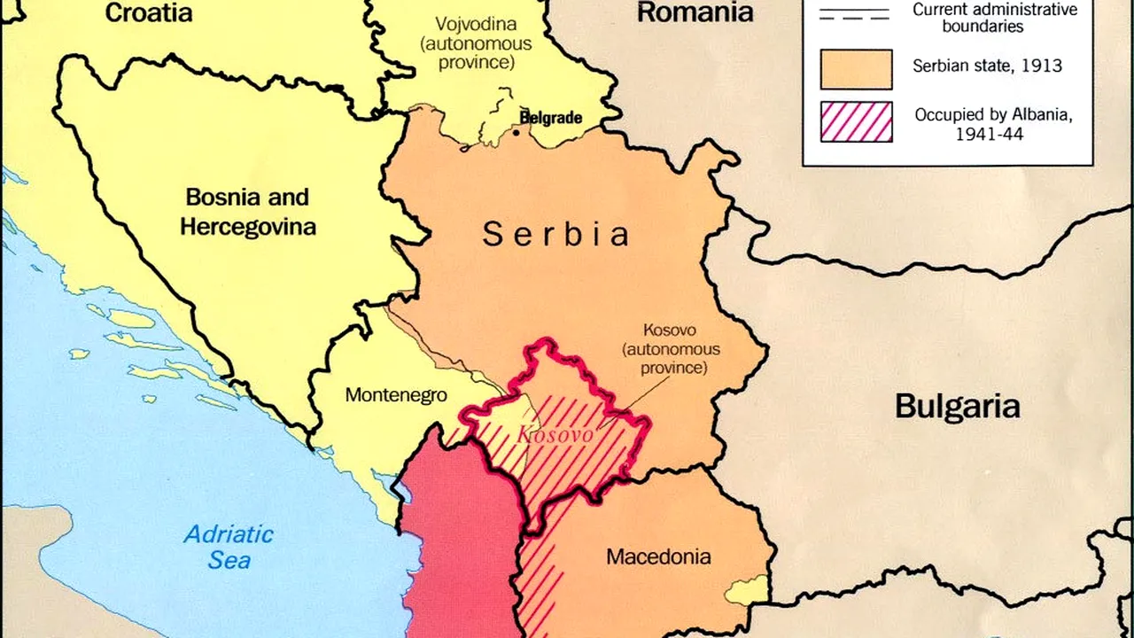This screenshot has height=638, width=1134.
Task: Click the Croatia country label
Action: pyautogui.click(x=148, y=12)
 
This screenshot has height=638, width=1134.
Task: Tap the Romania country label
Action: pyautogui.click(x=695, y=12)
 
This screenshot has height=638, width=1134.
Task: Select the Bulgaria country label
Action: pyautogui.click(x=957, y=407)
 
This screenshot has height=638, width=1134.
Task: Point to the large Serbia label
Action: pyautogui.click(x=556, y=235)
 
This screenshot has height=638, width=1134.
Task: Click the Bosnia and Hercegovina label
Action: pyautogui.click(x=247, y=211)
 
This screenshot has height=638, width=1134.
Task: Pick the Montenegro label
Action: pyautogui.click(x=395, y=395)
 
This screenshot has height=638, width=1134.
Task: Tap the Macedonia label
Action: pyautogui.click(x=657, y=557)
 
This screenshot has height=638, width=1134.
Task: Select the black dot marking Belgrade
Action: pyautogui.click(x=517, y=133)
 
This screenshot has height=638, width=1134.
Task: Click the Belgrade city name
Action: pyautogui.click(x=550, y=118)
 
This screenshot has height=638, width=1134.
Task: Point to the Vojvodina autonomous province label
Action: pyautogui.click(x=477, y=43)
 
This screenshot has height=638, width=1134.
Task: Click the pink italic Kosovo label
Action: pyautogui.click(x=555, y=435)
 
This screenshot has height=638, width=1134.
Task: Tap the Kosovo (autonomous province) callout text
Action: pyautogui.click(x=670, y=348)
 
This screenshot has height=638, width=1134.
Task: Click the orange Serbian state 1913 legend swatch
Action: pyautogui.click(x=856, y=69)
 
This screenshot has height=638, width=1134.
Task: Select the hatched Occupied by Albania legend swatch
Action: pyautogui.click(x=856, y=122)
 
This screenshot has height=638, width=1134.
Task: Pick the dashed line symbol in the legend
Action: pyautogui.click(x=855, y=15)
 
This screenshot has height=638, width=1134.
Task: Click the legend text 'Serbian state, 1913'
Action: pyautogui.click(x=987, y=66)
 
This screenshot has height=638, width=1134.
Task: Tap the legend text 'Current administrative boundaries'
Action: pyautogui.click(x=994, y=18)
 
